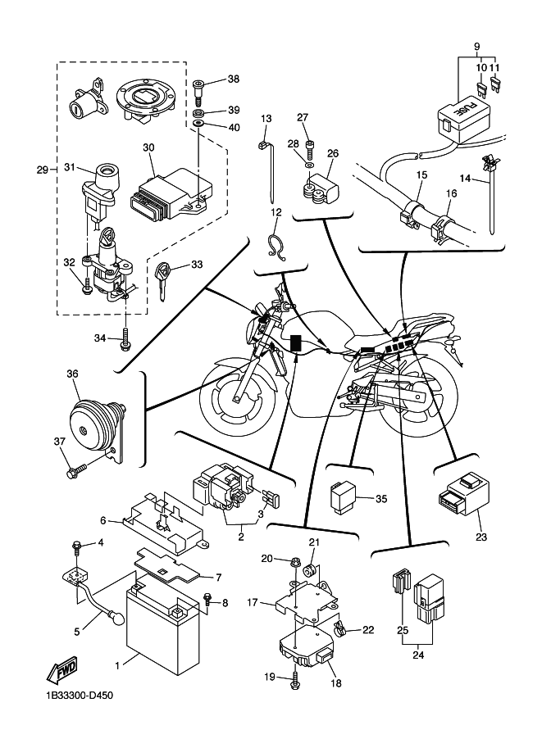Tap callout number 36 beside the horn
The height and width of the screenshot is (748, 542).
click(73, 374)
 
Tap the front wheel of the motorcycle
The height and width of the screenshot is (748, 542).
click(239, 399)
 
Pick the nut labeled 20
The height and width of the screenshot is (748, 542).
click(294, 561)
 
